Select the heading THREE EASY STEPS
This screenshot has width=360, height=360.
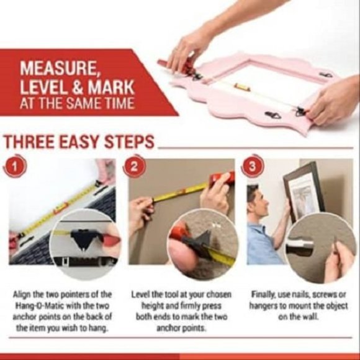tap(79, 142)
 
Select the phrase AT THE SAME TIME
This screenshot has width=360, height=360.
tap(77, 102)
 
